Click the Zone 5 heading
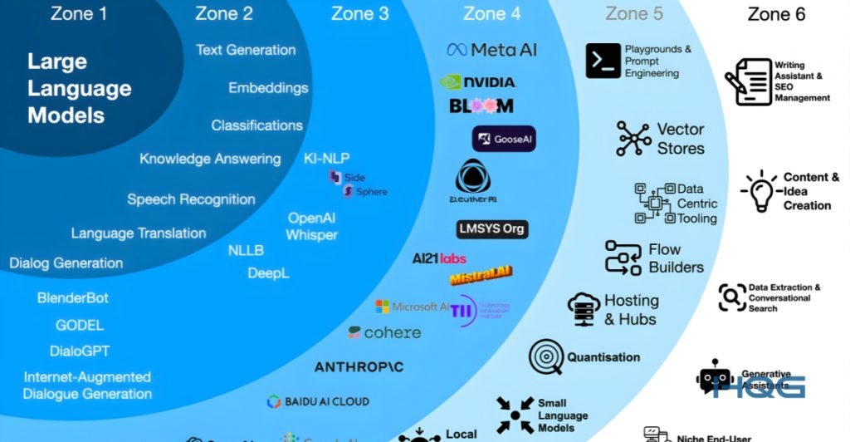(634, 13)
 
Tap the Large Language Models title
(80, 88)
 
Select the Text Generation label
(246, 50)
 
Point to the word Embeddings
(268, 88)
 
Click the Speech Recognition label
(191, 199)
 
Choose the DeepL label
(268, 273)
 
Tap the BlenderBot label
(73, 297)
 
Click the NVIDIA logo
(477, 81)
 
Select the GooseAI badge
(504, 139)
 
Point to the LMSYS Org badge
(492, 228)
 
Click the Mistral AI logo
(481, 275)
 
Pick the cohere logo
(384, 332)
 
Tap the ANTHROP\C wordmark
(369, 366)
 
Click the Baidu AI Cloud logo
(318, 402)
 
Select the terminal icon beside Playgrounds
(603, 61)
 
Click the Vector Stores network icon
(634, 139)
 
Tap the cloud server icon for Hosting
(584, 310)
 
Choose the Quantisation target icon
(545, 357)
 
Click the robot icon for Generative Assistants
(714, 377)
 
